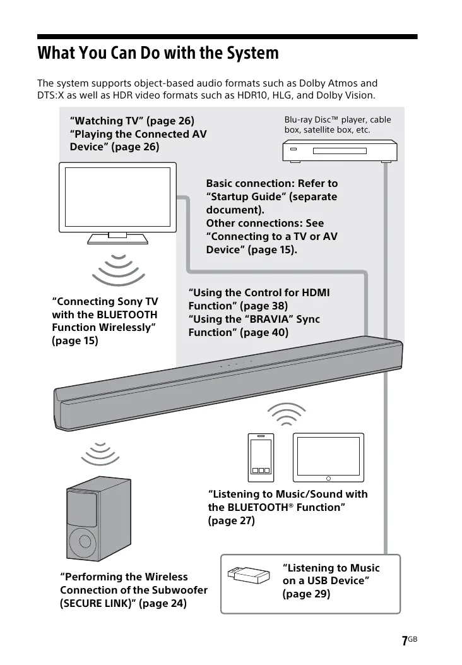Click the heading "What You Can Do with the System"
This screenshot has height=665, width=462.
coord(158,52)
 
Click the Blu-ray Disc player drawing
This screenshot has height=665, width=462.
coord(339,152)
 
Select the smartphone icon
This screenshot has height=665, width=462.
coord(261,455)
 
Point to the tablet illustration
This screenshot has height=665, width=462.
coord(328,456)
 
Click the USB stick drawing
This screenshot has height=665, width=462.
coord(248,574)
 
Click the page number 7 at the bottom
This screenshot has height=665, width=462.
coord(404,641)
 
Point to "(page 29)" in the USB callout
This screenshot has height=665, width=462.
coord(306,594)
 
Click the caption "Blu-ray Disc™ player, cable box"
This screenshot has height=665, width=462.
coord(337,124)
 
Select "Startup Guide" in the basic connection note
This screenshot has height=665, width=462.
coord(248,196)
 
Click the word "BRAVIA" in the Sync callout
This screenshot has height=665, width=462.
coord(272,319)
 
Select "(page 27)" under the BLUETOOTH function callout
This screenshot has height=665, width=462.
coord(231,521)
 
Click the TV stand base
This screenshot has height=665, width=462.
coord(118,239)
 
